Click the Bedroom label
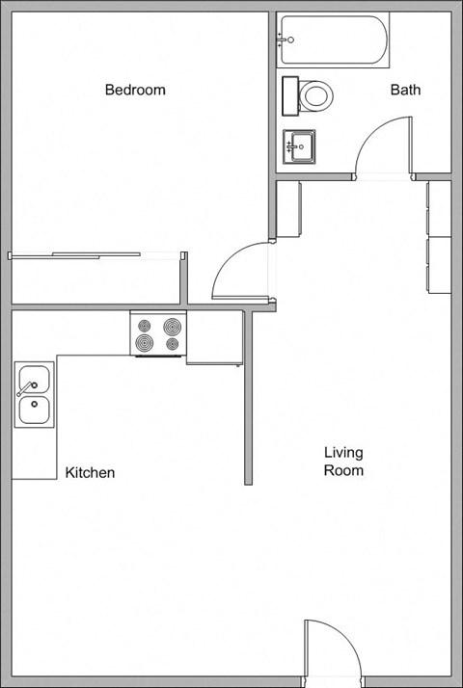click(x=135, y=91)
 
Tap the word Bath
click(x=405, y=91)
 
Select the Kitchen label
click(x=90, y=473)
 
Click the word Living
click(x=342, y=452)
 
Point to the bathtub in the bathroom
click(x=334, y=40)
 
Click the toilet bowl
click(x=316, y=95)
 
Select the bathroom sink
click(x=300, y=147)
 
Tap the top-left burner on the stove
click(x=145, y=326)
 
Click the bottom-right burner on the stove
click(x=173, y=343)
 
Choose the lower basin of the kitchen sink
click(x=36, y=411)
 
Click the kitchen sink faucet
click(x=20, y=389)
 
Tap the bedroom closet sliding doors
click(x=96, y=255)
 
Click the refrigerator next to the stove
click(x=214, y=338)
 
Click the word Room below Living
click(x=343, y=471)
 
